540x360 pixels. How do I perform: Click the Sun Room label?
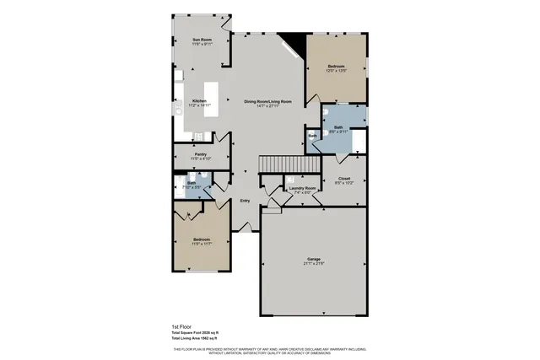click(201, 40)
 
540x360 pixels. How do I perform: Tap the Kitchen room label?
click(199, 100)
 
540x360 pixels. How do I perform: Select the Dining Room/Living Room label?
click(267, 100)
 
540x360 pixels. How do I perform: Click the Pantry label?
click(201, 154)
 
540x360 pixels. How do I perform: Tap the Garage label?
click(312, 260)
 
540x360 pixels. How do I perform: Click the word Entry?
click(245, 200)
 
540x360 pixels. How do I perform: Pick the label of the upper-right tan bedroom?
click(336, 66)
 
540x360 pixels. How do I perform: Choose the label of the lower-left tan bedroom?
click(201, 239)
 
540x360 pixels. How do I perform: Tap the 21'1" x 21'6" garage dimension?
click(312, 265)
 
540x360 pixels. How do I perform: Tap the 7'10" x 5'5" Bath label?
click(192, 184)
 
